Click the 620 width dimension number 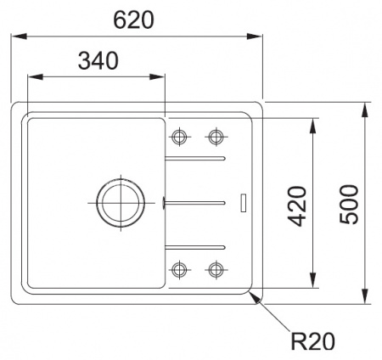(138, 20)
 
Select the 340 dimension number (96, 60)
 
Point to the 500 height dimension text (350, 204)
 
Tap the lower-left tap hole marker (179, 270)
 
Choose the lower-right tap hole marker (216, 270)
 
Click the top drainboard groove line (195, 159)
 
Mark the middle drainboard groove (195, 202)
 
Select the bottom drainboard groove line (195, 246)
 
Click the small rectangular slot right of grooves (244, 202)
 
